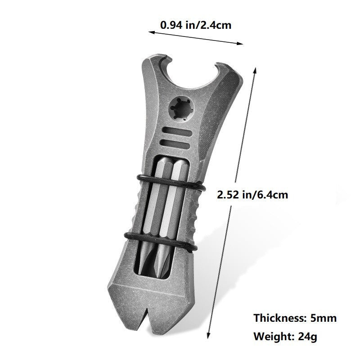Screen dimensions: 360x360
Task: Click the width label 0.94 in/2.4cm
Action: pos(196,25)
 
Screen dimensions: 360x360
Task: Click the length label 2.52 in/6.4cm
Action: pos(252,195)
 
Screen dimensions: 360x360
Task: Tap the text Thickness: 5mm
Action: pos(295,318)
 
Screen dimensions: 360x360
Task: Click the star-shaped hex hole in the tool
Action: pos(180,108)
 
